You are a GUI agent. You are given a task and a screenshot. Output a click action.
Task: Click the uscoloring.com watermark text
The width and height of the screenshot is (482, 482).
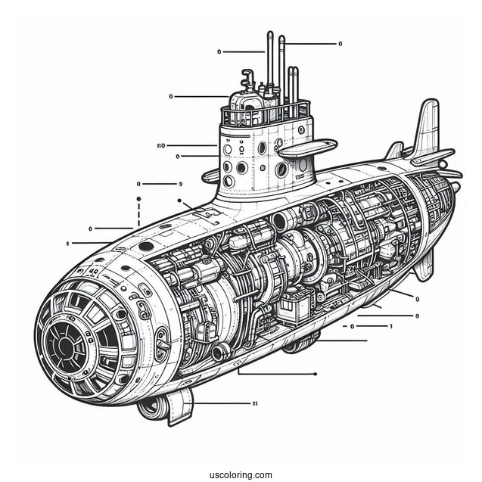click(241, 475)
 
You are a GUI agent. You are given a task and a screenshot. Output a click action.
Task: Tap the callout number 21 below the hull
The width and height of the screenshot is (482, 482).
click(255, 403)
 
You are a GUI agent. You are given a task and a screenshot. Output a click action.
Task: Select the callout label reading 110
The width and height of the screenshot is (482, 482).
click(160, 145)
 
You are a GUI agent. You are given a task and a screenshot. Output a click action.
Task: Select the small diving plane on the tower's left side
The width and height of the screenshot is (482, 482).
click(211, 177)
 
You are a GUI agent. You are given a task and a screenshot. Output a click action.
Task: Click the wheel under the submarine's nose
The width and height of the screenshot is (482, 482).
click(151, 408)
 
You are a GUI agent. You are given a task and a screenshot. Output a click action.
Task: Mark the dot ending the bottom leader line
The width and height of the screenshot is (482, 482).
click(314, 373)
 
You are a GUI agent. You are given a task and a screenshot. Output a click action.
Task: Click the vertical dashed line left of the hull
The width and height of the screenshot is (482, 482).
click(138, 212)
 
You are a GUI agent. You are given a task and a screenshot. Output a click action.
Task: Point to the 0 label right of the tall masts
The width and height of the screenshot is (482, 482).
click(340, 44)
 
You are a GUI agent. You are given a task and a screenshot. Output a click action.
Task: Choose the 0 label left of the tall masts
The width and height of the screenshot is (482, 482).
click(219, 52)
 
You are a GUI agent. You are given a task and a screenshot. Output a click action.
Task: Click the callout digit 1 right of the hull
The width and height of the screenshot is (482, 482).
click(390, 326)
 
